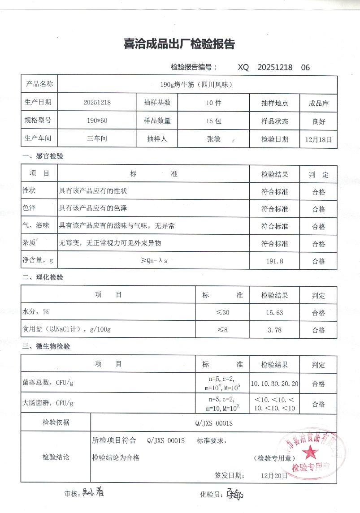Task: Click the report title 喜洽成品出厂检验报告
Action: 179,44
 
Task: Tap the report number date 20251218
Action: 275,67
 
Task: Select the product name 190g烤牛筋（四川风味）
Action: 196,84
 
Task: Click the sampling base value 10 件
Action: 213,103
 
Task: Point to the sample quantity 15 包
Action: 213,121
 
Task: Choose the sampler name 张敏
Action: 213,139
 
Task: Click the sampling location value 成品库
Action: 318,103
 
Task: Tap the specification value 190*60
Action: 97,121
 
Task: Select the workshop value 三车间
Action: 97,139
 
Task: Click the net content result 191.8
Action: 274,261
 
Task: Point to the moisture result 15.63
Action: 274,313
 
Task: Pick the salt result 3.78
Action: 274,330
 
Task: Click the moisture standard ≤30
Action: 222,313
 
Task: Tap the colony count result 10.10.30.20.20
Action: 274,384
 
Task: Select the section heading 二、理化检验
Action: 43,277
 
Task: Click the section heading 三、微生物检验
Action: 46,346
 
